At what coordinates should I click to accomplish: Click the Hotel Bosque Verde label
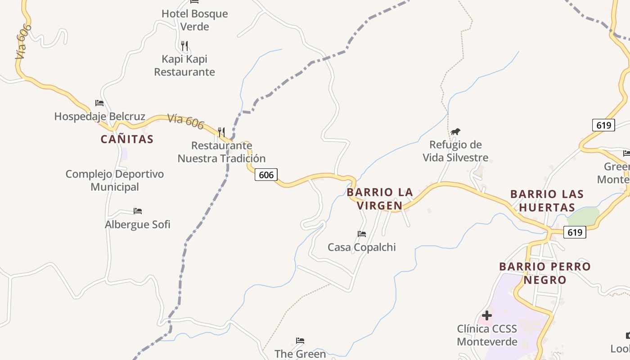pyautogui.click(x=194, y=20)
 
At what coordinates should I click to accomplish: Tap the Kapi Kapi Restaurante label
pyautogui.click(x=184, y=65)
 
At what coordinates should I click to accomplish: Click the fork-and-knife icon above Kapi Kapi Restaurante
pyautogui.click(x=184, y=45)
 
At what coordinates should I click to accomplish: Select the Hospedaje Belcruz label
pyautogui.click(x=99, y=117)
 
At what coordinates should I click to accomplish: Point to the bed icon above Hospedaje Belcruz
pyautogui.click(x=99, y=103)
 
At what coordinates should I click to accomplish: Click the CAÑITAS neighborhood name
pyautogui.click(x=127, y=139)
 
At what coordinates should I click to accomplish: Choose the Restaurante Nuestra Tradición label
pyautogui.click(x=221, y=152)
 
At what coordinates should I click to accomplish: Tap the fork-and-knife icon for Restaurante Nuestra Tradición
pyautogui.click(x=221, y=132)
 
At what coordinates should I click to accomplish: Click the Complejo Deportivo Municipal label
pyautogui.click(x=115, y=180)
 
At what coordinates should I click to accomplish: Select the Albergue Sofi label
pyautogui.click(x=138, y=224)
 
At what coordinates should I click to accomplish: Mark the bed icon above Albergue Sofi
pyautogui.click(x=138, y=211)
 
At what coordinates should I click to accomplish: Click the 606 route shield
pyautogui.click(x=266, y=175)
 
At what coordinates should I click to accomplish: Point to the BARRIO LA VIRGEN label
pyautogui.click(x=380, y=199)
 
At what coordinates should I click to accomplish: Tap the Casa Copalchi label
pyautogui.click(x=361, y=247)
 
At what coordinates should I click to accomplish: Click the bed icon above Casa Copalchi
pyautogui.click(x=362, y=234)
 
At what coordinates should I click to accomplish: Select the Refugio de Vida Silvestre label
pyautogui.click(x=455, y=151)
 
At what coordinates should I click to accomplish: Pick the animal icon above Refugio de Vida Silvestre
pyautogui.click(x=455, y=131)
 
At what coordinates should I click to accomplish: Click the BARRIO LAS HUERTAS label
pyautogui.click(x=547, y=201)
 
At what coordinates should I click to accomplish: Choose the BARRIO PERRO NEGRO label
pyautogui.click(x=545, y=273)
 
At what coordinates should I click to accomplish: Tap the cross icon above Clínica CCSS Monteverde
pyautogui.click(x=486, y=315)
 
